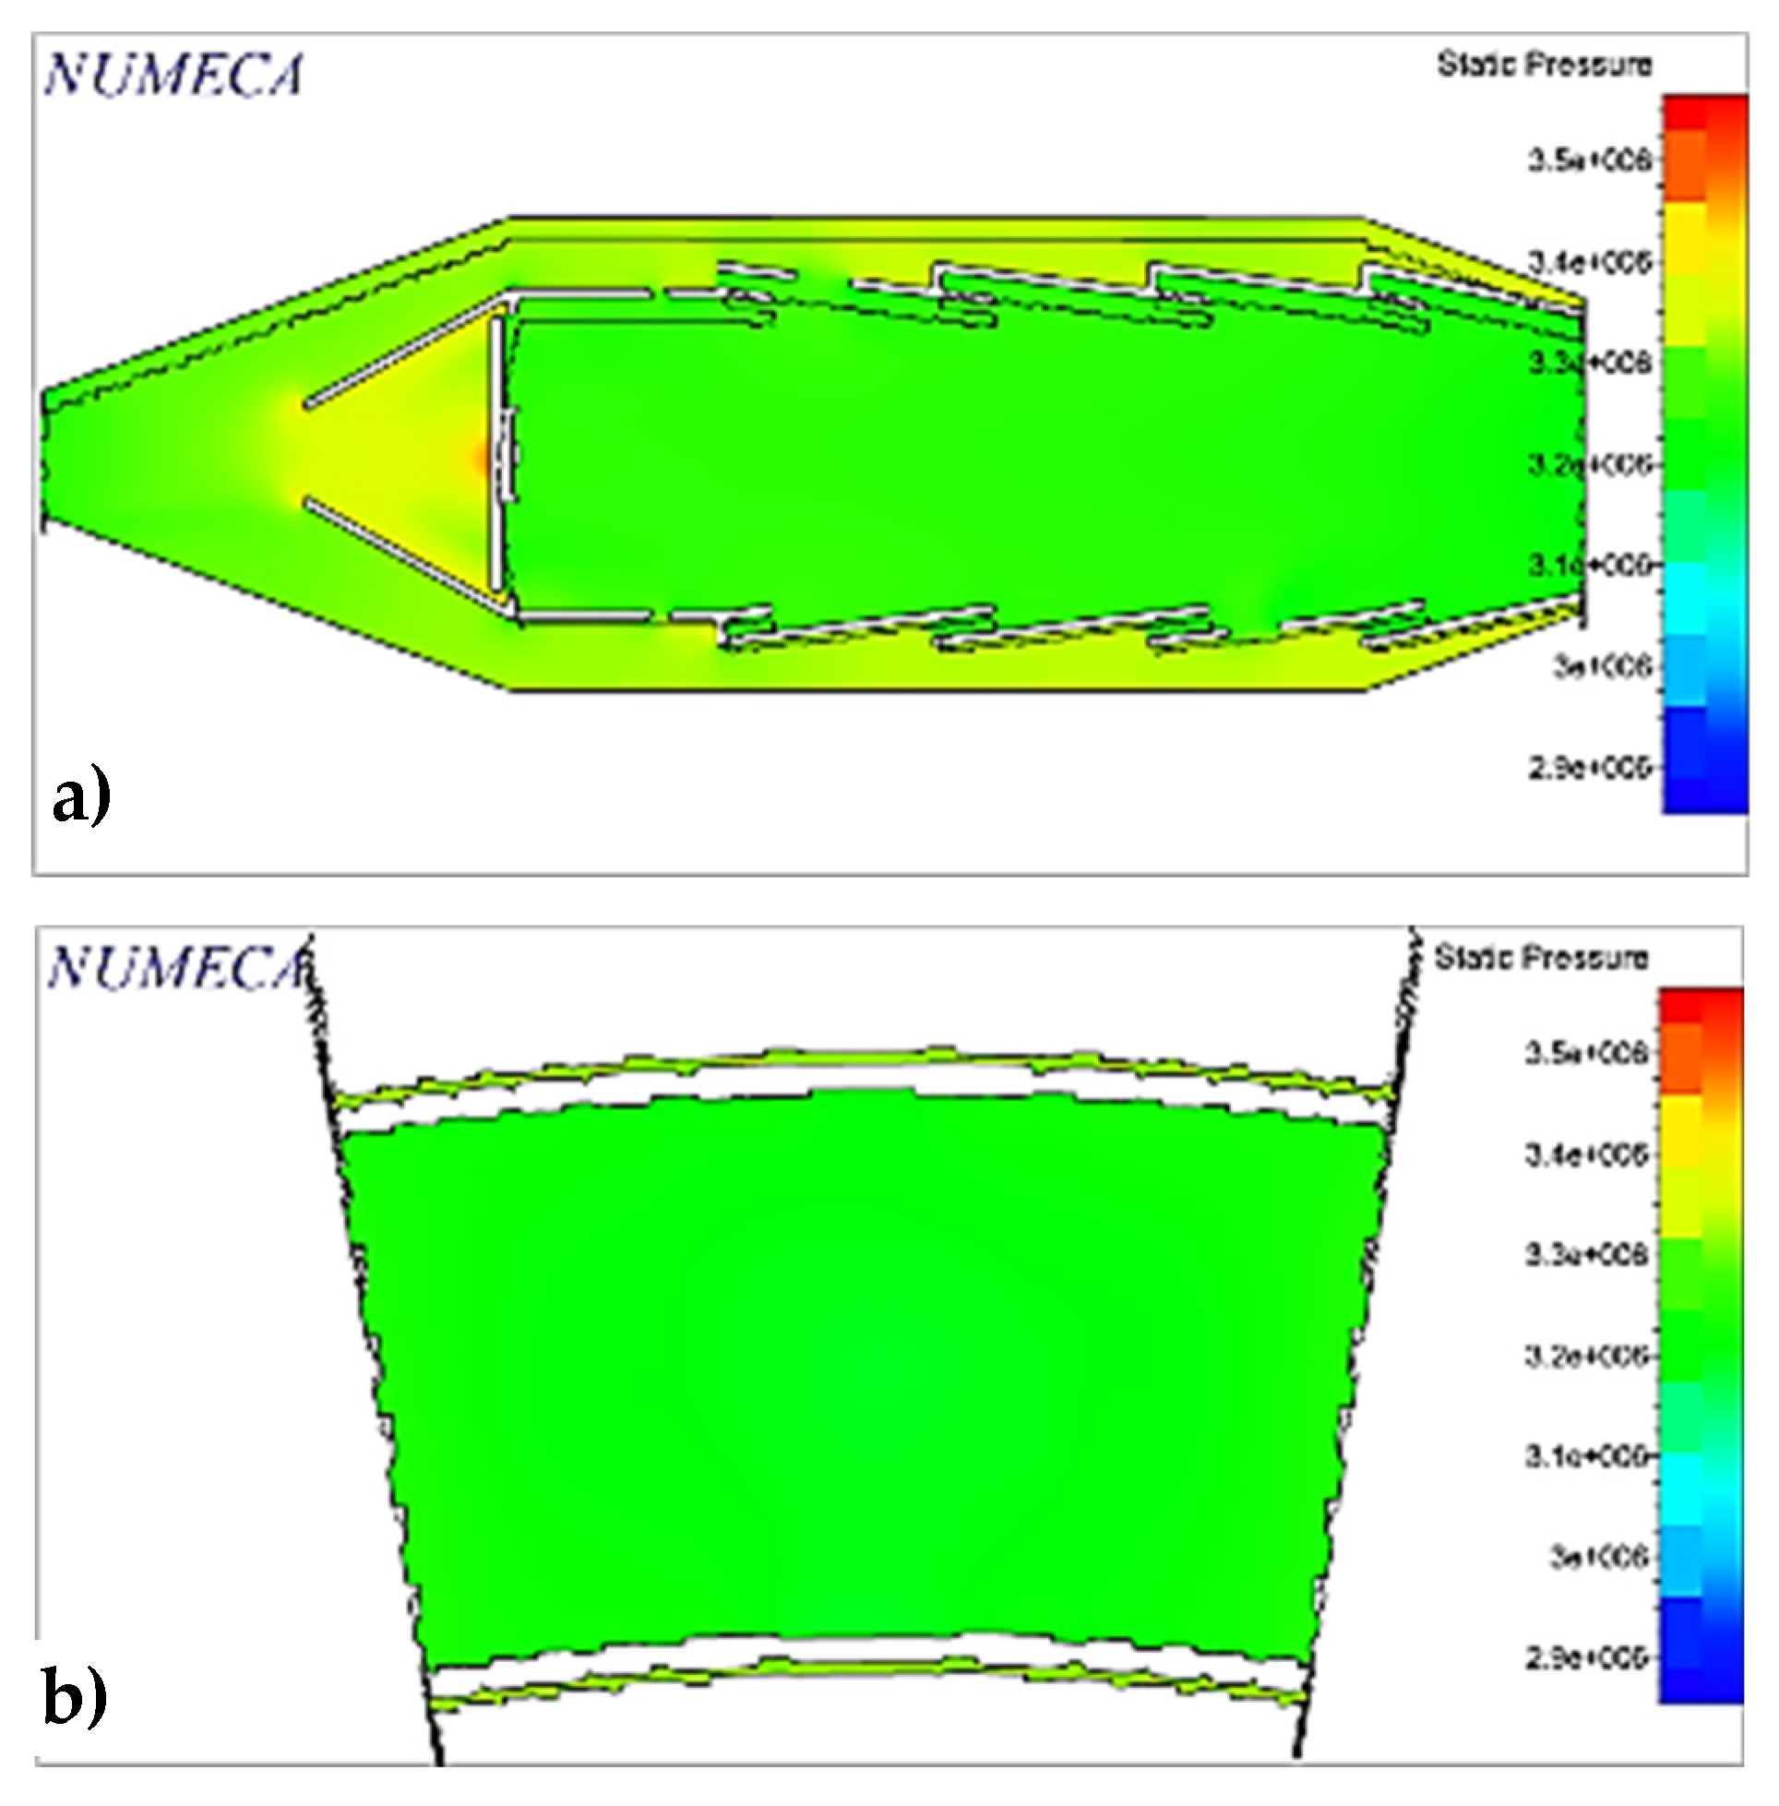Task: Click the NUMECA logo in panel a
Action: point(173,75)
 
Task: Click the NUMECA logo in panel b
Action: point(177,967)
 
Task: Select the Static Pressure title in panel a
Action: point(1545,65)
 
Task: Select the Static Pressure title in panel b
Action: point(1542,958)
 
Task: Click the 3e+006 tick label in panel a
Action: point(1602,666)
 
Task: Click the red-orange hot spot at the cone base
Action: point(479,458)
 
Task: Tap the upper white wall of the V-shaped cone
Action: point(401,353)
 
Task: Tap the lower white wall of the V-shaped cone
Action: point(401,556)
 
